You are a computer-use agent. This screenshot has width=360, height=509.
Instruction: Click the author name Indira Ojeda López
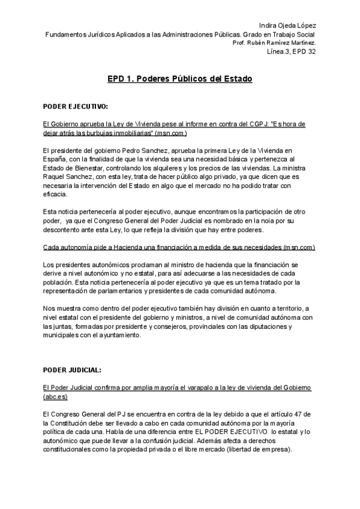click(x=287, y=25)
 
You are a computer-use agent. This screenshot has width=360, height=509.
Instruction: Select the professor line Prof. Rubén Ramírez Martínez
click(x=274, y=43)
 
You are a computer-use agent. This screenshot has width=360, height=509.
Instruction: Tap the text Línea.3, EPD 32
click(x=292, y=52)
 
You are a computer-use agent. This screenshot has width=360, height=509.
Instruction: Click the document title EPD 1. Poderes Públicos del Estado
click(x=179, y=79)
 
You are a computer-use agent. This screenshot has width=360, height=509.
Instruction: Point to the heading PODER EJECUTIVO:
click(x=76, y=107)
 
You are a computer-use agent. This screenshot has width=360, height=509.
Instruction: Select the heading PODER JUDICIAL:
click(x=72, y=369)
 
